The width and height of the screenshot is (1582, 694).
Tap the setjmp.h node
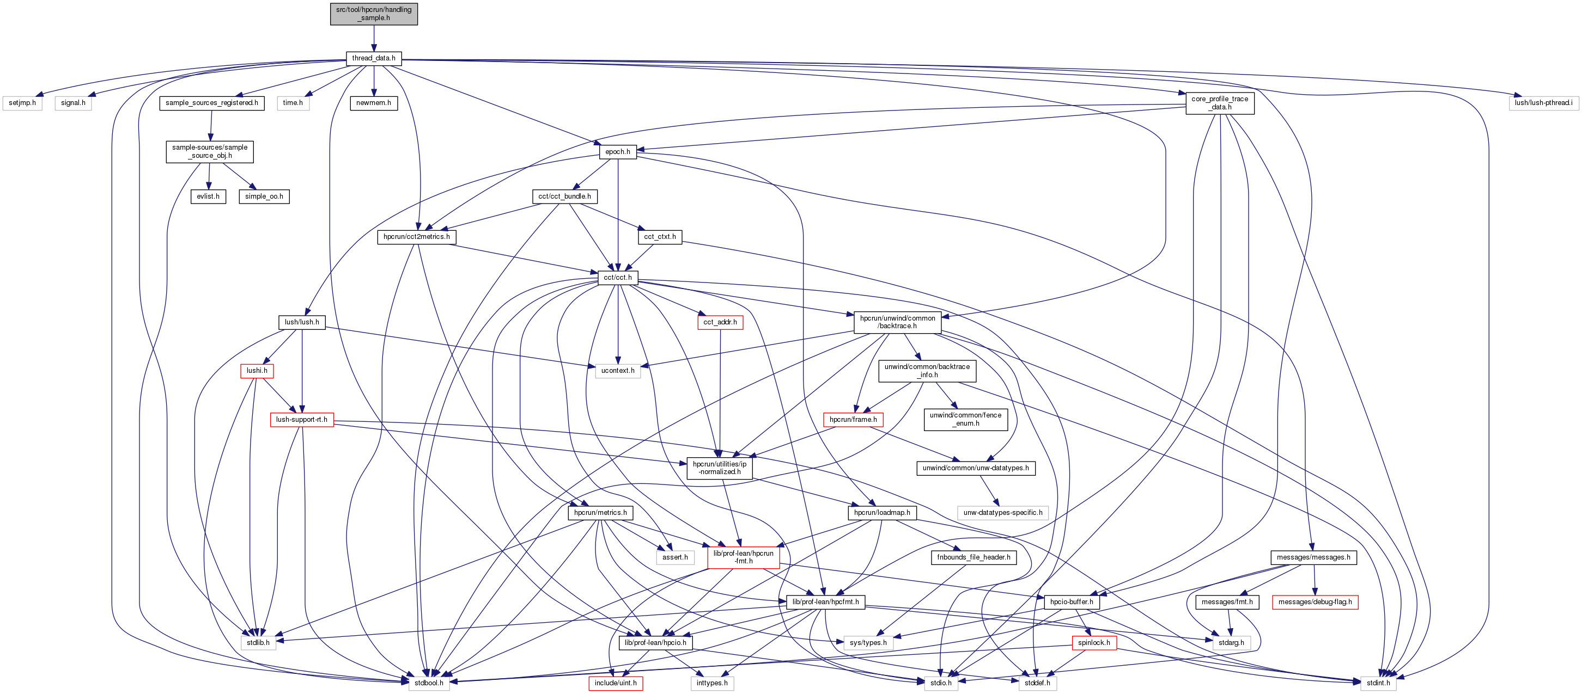23,103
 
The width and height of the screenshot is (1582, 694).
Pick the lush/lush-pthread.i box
1543,103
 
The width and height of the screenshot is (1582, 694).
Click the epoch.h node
617,151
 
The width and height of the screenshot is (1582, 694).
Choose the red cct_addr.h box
720,322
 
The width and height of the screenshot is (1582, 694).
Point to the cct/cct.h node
617,278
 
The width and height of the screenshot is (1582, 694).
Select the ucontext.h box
617,371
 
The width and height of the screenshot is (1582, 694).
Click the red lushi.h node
257,371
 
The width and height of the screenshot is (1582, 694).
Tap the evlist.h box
208,196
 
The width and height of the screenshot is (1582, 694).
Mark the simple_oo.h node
264,196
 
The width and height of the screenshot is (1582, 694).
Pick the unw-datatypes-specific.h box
1002,512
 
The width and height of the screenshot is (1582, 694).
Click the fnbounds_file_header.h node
973,557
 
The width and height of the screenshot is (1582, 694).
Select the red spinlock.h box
1094,642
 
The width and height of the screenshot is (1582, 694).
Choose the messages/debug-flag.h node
1315,602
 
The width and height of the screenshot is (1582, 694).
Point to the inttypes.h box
712,683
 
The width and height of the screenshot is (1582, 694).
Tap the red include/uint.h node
616,683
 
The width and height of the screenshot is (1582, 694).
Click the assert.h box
675,557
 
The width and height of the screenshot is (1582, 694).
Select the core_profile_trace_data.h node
1220,103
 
